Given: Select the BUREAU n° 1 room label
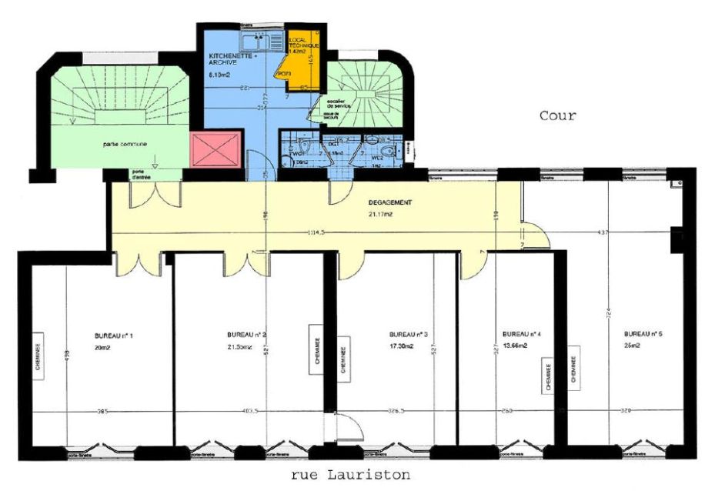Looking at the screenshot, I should click(114, 336).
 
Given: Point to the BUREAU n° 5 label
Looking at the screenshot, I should click(643, 335).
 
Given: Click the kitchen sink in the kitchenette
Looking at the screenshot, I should click(253, 37).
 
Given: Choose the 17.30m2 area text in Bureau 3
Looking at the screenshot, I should click(402, 346).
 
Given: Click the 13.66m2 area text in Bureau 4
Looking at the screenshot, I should click(515, 346).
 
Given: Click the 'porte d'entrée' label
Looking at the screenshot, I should click(141, 175).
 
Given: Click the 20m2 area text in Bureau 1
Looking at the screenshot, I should click(103, 347).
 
